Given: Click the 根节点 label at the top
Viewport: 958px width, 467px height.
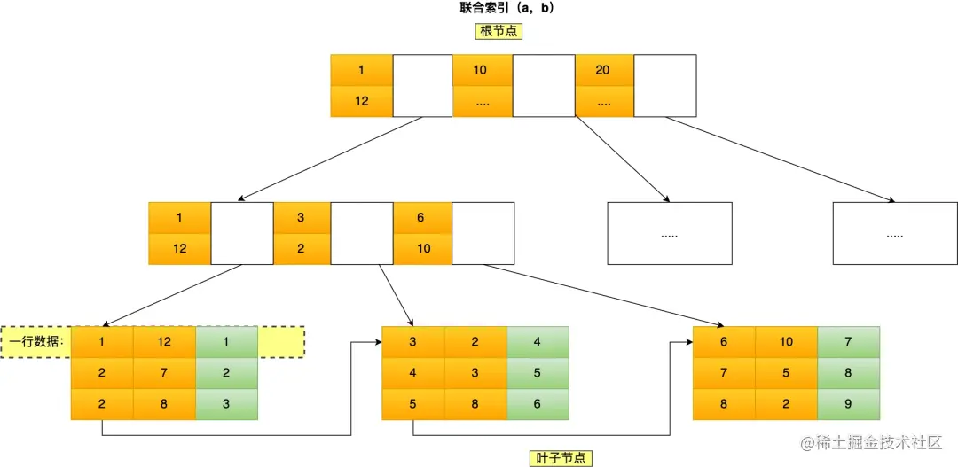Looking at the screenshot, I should tap(499, 31).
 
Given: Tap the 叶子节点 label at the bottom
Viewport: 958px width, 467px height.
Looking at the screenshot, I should tap(556, 457).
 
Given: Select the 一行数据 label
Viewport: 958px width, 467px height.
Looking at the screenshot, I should tap(37, 342).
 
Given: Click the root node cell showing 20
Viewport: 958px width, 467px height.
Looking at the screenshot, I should tap(604, 70).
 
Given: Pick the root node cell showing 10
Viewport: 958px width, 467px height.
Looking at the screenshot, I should tap(482, 70).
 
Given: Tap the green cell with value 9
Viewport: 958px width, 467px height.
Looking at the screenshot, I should tap(848, 404).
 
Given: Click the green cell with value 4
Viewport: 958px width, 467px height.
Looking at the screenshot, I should tap(537, 342).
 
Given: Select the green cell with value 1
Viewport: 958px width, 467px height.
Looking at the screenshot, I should tap(226, 342).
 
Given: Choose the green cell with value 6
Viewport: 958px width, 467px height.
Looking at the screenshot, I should tap(537, 404).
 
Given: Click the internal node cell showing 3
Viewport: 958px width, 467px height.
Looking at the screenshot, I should tap(302, 218).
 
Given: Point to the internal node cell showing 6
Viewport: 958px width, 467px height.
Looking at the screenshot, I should tap(423, 218).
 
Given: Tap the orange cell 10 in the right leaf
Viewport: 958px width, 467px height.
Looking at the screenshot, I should tap(786, 342).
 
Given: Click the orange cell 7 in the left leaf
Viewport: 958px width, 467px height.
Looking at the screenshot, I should tap(164, 373).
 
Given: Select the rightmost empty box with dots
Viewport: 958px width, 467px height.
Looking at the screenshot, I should tap(894, 234).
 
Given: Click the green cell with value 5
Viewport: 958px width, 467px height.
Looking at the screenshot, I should tap(537, 373).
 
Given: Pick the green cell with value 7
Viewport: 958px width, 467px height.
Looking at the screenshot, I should tap(848, 342).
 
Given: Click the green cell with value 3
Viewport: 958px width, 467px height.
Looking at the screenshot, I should tap(226, 404).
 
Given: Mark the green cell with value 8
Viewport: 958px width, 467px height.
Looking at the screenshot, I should tap(848, 373).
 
